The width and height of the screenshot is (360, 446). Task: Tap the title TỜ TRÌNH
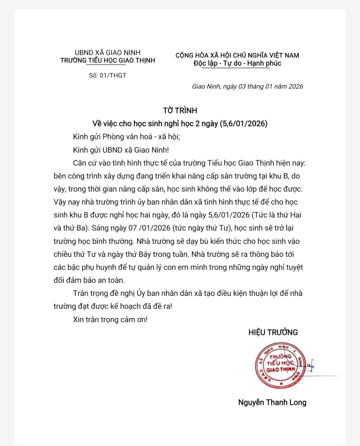pos(180,110)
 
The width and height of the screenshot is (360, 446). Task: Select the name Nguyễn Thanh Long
pos(272,402)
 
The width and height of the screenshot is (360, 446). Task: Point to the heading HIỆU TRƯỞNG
pos(273,332)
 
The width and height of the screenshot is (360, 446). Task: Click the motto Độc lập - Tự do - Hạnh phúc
pos(237,63)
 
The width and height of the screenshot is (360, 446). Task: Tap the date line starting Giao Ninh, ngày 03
pos(247,86)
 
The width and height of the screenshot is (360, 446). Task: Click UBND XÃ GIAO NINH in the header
pos(107,53)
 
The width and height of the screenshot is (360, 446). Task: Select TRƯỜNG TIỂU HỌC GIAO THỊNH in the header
pos(107,61)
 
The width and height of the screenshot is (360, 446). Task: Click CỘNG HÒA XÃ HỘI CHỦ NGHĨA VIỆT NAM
pos(237,55)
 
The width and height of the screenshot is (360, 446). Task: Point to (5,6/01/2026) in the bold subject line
pos(244,123)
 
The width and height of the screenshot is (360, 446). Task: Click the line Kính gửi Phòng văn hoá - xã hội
pos(126,137)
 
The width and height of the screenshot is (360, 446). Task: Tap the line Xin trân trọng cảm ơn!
pos(110,319)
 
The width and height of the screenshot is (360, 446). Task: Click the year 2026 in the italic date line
pos(295,86)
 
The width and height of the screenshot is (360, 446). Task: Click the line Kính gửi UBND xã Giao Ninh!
pos(121,150)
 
